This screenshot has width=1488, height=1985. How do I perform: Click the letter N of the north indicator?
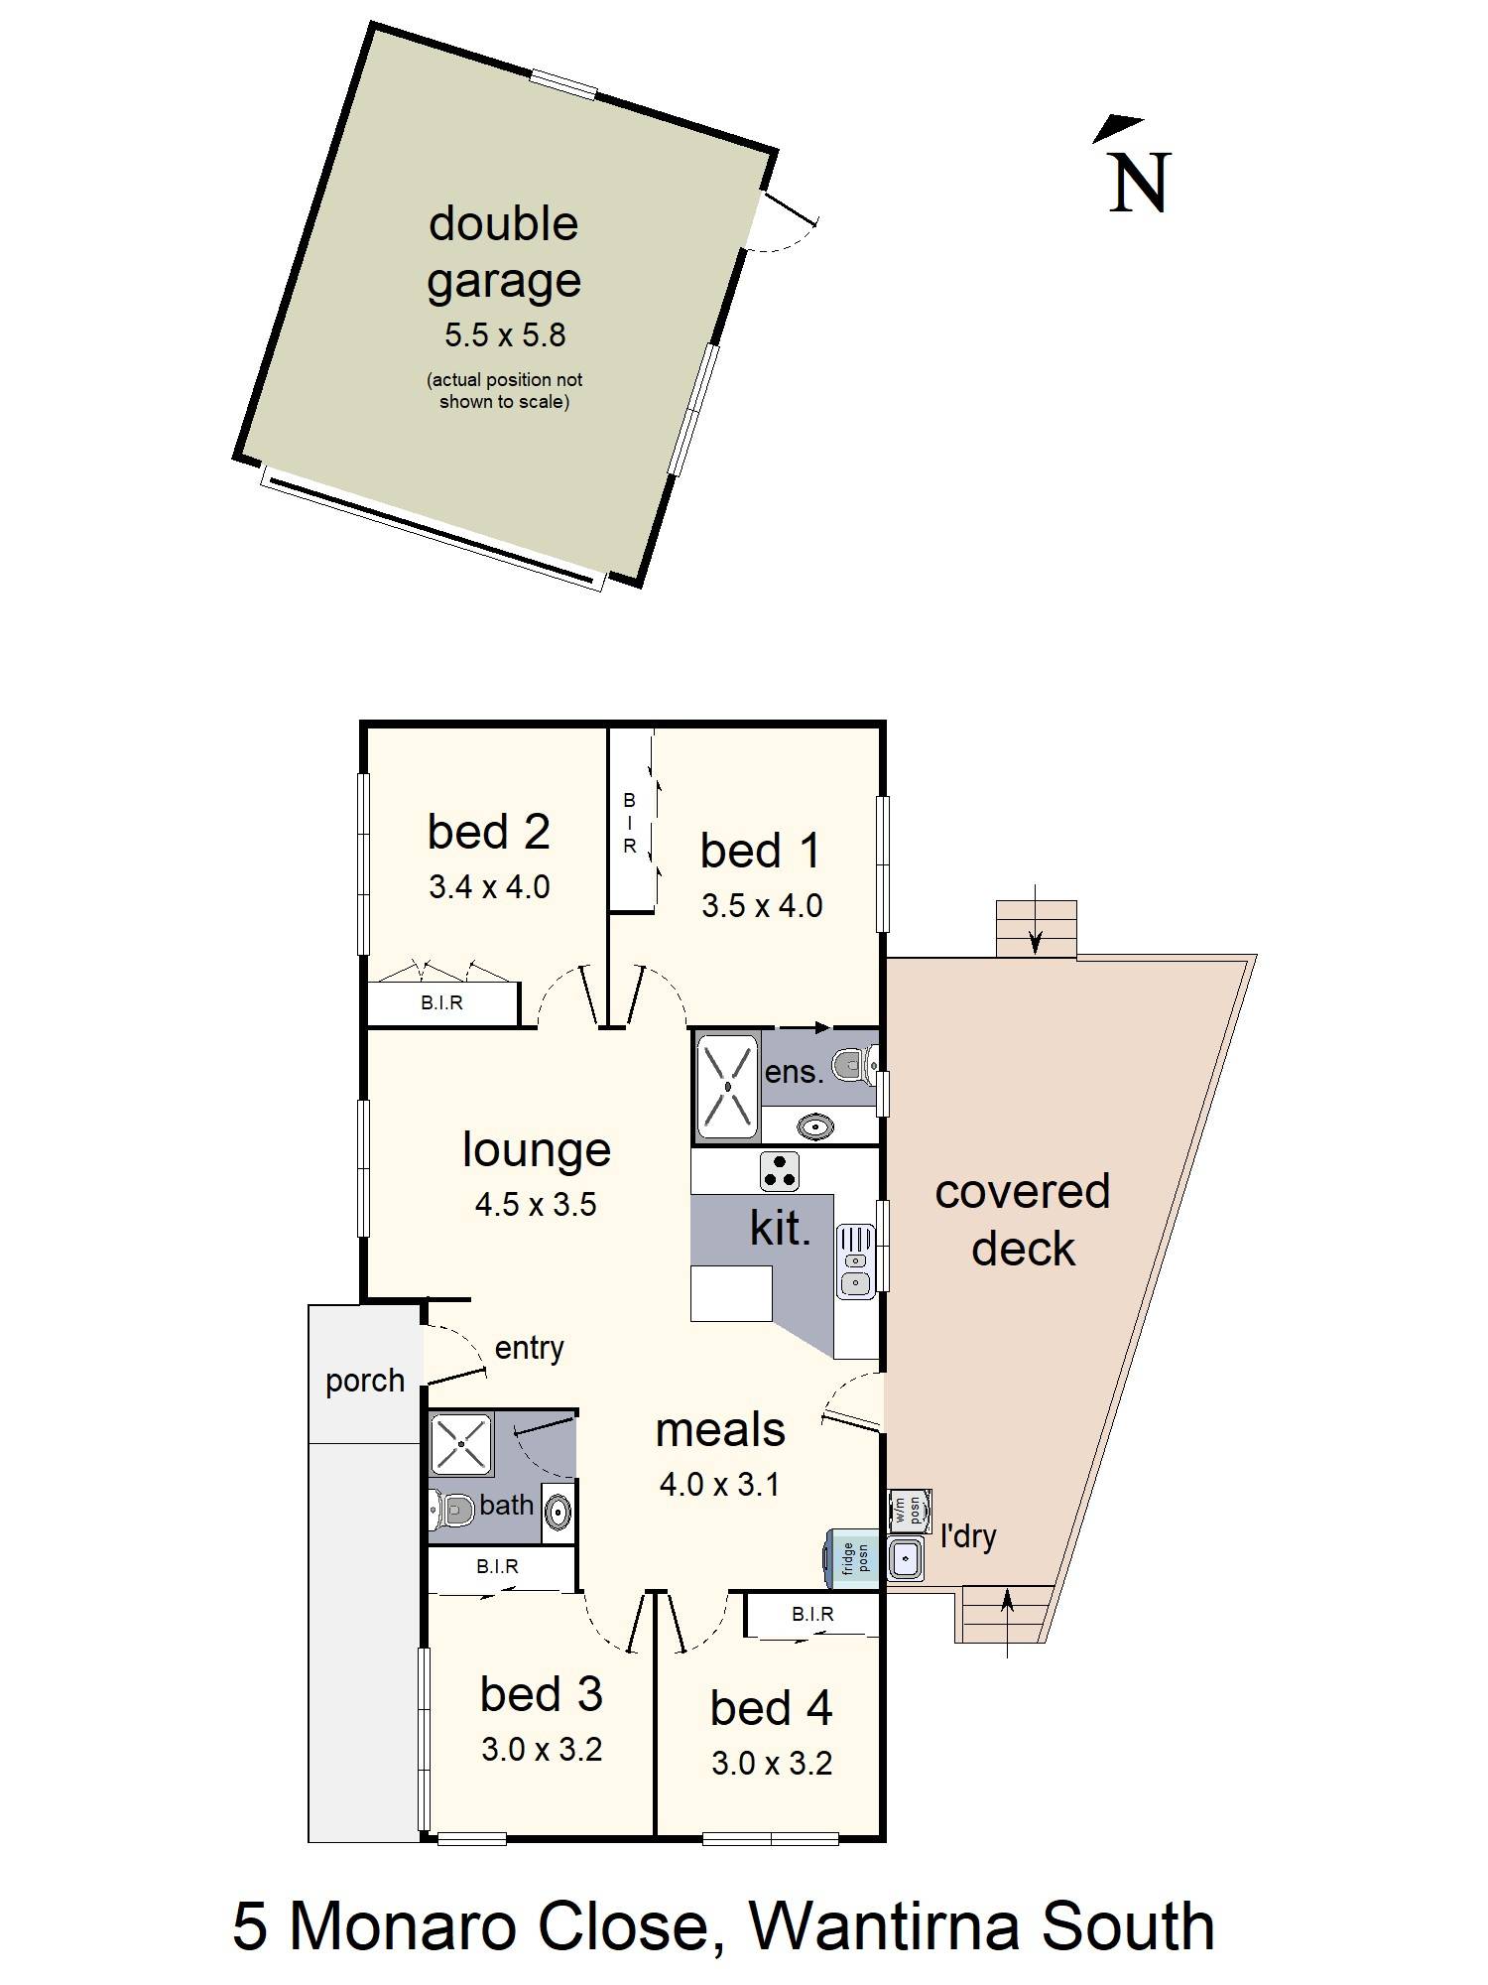pyautogui.click(x=1140, y=183)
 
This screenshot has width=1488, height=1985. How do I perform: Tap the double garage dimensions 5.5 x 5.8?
pyautogui.click(x=505, y=335)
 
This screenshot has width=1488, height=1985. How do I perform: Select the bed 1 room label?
pyautogui.click(x=761, y=851)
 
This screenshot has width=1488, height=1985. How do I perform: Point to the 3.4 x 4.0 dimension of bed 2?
pyautogui.click(x=489, y=886)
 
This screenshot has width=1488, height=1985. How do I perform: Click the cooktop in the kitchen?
pyautogui.click(x=780, y=1171)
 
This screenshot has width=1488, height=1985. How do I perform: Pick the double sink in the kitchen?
pyautogui.click(x=855, y=1260)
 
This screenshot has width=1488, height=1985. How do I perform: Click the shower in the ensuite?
pyautogui.click(x=728, y=1086)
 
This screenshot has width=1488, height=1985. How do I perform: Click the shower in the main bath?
pyautogui.click(x=461, y=1444)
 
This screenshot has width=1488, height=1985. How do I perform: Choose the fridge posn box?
pyautogui.click(x=851, y=1557)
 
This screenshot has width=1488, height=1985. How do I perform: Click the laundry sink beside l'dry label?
pyautogui.click(x=906, y=1559)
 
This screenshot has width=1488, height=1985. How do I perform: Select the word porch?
pyautogui.click(x=365, y=1382)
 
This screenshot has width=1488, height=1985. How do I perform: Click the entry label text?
pyautogui.click(x=529, y=1348)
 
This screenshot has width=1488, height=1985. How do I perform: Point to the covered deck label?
pyautogui.click(x=1023, y=1220)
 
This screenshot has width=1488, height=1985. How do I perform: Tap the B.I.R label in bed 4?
pyautogui.click(x=812, y=1615)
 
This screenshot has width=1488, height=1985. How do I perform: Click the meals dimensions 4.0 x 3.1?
pyautogui.click(x=720, y=1485)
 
